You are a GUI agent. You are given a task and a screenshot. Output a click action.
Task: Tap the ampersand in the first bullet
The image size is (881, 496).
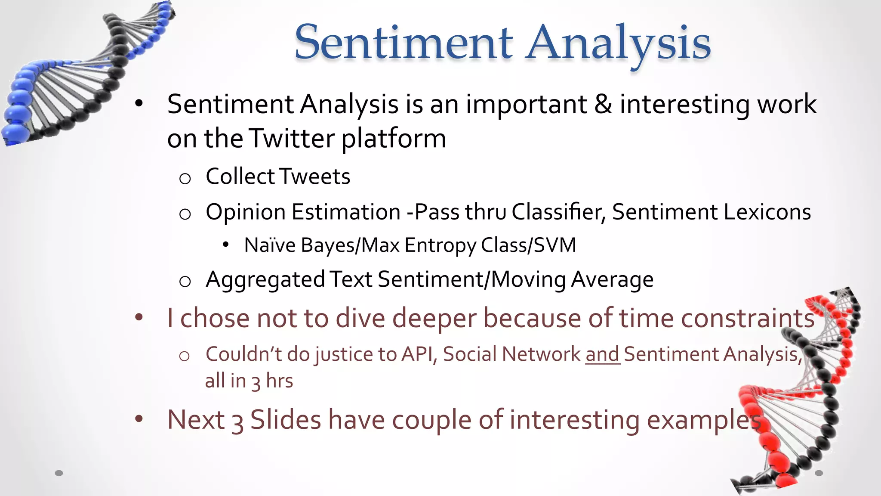click(x=603, y=105)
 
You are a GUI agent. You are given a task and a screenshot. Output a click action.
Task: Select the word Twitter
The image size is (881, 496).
click(x=292, y=139)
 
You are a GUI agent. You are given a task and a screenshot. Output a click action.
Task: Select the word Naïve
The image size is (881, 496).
click(x=270, y=245)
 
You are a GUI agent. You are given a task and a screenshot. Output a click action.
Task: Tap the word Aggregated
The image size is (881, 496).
click(x=265, y=280)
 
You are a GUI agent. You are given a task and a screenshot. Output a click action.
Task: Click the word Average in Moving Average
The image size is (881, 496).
click(x=612, y=280)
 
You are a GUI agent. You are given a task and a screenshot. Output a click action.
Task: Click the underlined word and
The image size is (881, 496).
click(x=602, y=355)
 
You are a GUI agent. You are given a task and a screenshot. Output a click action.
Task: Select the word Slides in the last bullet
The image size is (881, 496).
click(x=286, y=420)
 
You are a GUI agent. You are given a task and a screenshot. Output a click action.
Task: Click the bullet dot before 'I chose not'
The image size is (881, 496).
click(x=139, y=318)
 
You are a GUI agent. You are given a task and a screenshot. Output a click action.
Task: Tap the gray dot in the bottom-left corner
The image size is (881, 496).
click(x=59, y=473)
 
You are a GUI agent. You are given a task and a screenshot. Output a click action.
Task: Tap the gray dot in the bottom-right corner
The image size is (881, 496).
click(x=819, y=473)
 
